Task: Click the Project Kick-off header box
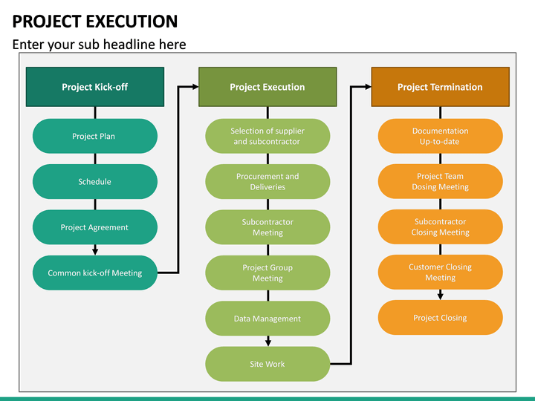coord(95,87)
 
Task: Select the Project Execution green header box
coord(267,87)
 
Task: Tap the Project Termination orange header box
coord(440,87)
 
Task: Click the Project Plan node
coord(95,136)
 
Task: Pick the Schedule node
coord(95,182)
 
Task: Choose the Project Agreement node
coord(95,227)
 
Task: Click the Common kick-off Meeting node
coord(95,273)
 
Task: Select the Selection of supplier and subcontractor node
coord(267,136)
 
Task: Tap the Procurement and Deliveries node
coord(267,182)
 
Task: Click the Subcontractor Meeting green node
coord(267,227)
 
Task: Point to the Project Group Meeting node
coord(267,273)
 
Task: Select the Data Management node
coord(267,319)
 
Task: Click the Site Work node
coord(267,364)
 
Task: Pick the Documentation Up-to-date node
coord(440,136)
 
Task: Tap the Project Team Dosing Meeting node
coord(440,182)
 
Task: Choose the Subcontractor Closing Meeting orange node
coord(440,227)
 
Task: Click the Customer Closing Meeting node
coord(440,272)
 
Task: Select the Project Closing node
coord(440,318)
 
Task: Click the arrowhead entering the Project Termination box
coord(367,87)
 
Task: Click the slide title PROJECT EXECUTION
coord(95,22)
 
